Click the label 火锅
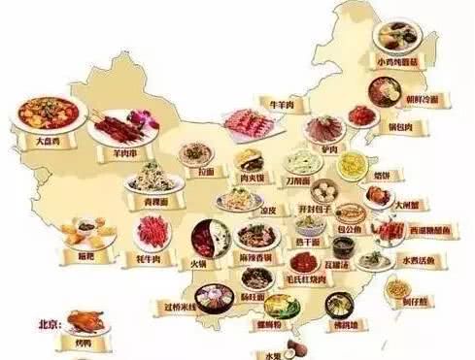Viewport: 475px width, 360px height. [x=197, y=262]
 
